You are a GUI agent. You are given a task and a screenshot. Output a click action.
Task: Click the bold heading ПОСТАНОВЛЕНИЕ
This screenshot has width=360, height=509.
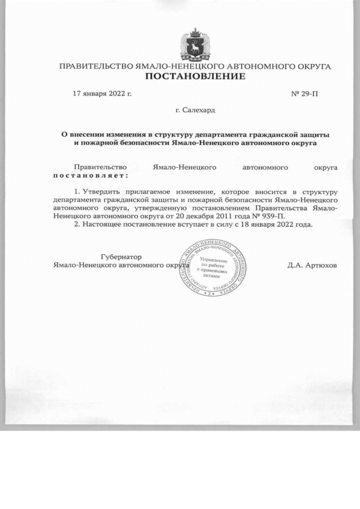(195, 76)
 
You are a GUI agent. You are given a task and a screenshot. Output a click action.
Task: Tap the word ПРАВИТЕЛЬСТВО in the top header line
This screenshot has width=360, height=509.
(96, 66)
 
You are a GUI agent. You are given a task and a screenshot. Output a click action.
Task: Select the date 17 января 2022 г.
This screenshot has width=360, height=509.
(103, 93)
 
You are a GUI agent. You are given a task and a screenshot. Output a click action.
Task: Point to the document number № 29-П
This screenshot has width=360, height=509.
(304, 93)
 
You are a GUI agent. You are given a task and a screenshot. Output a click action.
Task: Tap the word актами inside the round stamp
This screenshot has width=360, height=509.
(209, 276)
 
